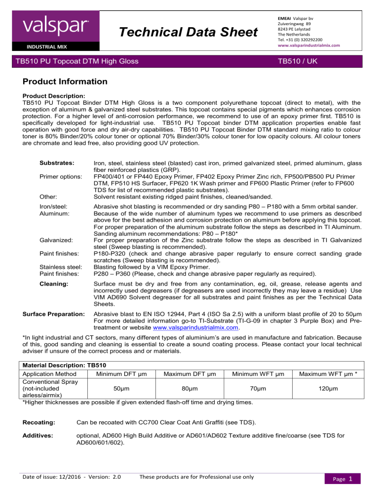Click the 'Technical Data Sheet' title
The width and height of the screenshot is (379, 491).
189,33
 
